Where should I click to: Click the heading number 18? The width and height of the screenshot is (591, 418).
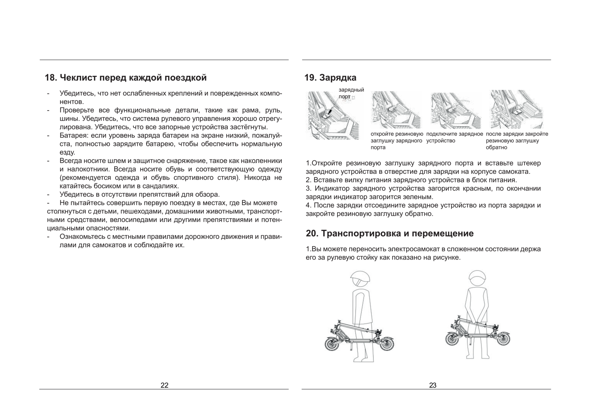tap(51, 78)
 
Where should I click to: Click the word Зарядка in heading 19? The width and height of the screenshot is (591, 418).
tap(338, 78)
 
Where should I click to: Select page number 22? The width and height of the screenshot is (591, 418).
tap(164, 385)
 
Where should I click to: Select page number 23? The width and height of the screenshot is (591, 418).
tap(432, 385)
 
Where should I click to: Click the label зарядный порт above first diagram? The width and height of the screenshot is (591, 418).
tap(351, 93)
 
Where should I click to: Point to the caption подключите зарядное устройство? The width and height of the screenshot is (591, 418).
tap(454, 137)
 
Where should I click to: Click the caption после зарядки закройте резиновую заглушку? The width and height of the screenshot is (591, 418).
tap(517, 140)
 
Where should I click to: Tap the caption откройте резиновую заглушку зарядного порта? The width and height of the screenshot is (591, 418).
tap(397, 140)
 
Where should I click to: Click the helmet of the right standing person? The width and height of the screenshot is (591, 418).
tap(477, 278)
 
